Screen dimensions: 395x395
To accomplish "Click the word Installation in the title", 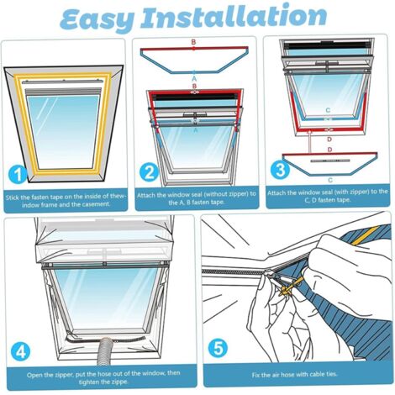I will [x=245, y=18].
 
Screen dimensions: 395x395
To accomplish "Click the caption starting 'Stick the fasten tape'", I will [x=65, y=201].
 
